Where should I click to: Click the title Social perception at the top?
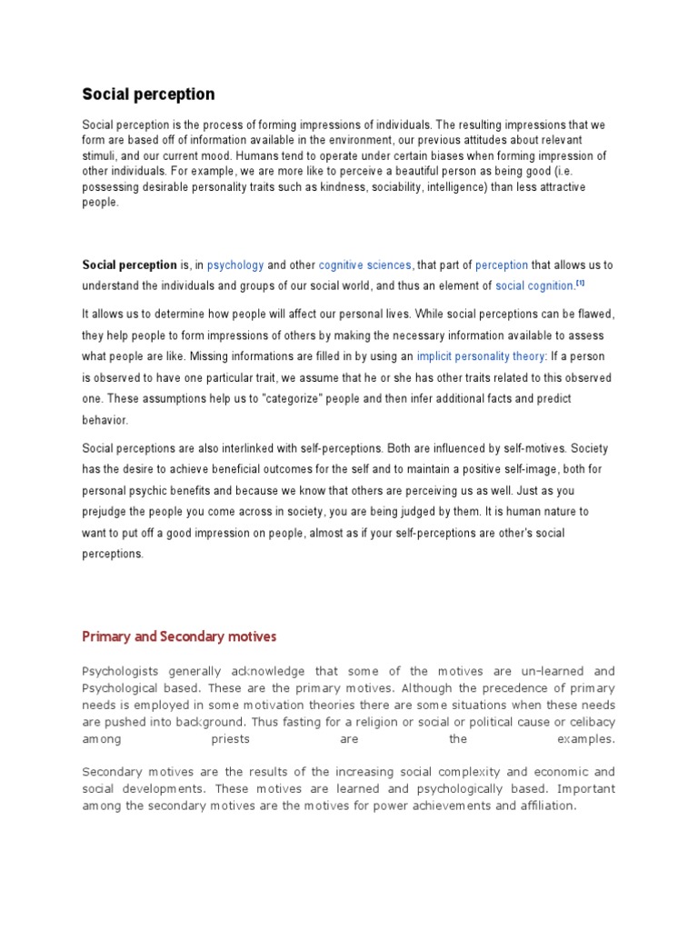[x=149, y=94]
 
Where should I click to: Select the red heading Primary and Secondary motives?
[x=179, y=636]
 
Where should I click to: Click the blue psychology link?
[x=235, y=265]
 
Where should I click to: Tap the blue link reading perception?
[x=501, y=265]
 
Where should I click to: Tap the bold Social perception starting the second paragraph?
[x=129, y=265]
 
